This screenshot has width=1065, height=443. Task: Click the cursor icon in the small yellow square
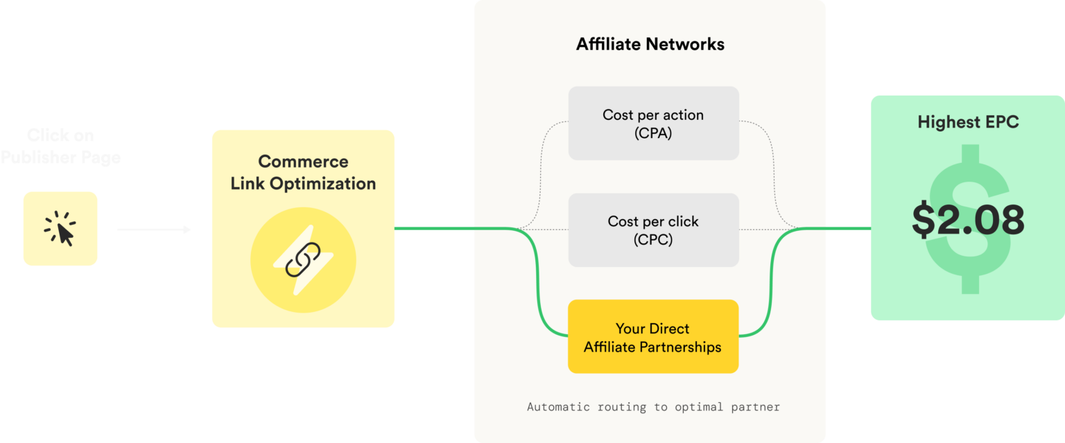point(60,229)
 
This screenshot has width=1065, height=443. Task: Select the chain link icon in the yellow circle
point(303,259)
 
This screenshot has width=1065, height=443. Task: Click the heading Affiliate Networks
point(650,44)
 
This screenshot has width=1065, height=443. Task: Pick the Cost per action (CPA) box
point(653,123)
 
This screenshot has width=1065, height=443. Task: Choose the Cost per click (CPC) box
point(653,230)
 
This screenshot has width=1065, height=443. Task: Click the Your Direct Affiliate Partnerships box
point(652,337)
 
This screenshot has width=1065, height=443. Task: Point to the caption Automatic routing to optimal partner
point(653,407)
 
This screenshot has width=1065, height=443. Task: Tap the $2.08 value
point(967,220)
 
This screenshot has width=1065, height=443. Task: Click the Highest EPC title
point(968,123)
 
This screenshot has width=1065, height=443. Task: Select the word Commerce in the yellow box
point(303,162)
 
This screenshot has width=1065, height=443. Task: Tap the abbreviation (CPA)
point(653,134)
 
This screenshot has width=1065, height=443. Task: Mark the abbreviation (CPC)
point(653,241)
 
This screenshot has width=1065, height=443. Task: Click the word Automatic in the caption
point(555,407)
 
